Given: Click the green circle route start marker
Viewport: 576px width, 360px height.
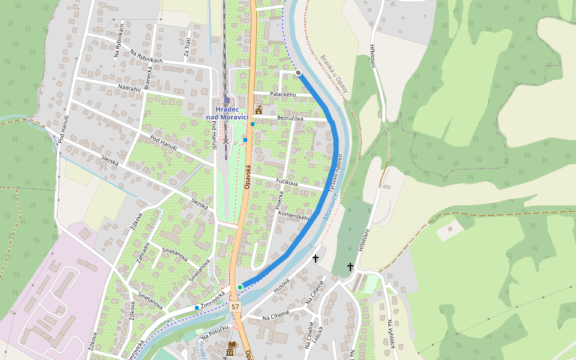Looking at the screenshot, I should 240,287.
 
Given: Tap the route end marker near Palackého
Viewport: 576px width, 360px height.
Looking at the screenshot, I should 298,73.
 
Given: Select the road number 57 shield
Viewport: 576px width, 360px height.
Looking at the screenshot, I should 235,307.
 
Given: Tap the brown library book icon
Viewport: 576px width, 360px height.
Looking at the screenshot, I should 232,346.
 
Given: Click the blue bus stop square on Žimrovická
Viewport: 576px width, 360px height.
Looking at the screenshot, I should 197,308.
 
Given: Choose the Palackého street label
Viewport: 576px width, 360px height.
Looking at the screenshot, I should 283,95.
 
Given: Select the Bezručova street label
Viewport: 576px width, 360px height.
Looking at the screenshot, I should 291,118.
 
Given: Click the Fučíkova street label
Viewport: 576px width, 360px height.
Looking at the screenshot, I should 287,181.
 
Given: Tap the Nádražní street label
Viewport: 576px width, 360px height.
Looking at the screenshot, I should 129,89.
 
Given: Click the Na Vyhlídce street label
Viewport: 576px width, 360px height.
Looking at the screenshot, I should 391,334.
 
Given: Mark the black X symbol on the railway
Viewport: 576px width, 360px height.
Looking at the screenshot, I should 226,141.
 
